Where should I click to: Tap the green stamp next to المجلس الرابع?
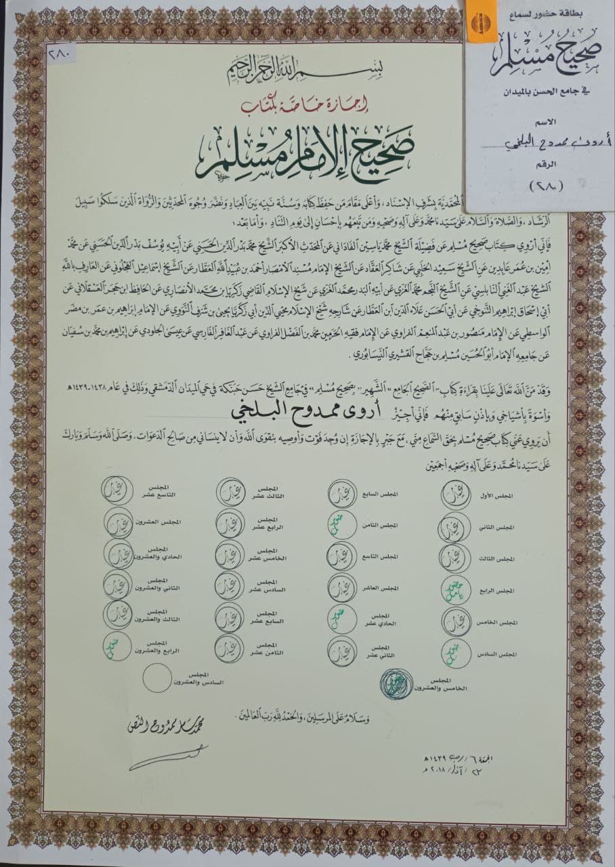point(455,591)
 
